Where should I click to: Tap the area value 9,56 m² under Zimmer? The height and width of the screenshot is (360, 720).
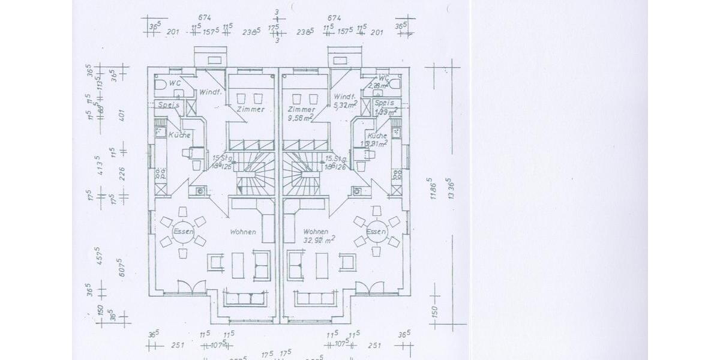301,119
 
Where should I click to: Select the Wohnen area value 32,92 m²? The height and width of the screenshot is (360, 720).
319,240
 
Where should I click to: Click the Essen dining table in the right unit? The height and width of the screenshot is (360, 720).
377,232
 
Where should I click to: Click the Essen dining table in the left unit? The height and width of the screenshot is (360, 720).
182,232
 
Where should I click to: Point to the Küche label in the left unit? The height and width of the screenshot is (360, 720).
179,136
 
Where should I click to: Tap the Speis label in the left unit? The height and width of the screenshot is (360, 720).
169,105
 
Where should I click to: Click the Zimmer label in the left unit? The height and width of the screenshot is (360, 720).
250,110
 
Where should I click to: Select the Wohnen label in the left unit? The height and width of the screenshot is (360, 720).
243,232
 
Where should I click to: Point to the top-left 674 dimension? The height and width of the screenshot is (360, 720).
206,17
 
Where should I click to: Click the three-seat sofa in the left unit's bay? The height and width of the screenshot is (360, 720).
245,298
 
